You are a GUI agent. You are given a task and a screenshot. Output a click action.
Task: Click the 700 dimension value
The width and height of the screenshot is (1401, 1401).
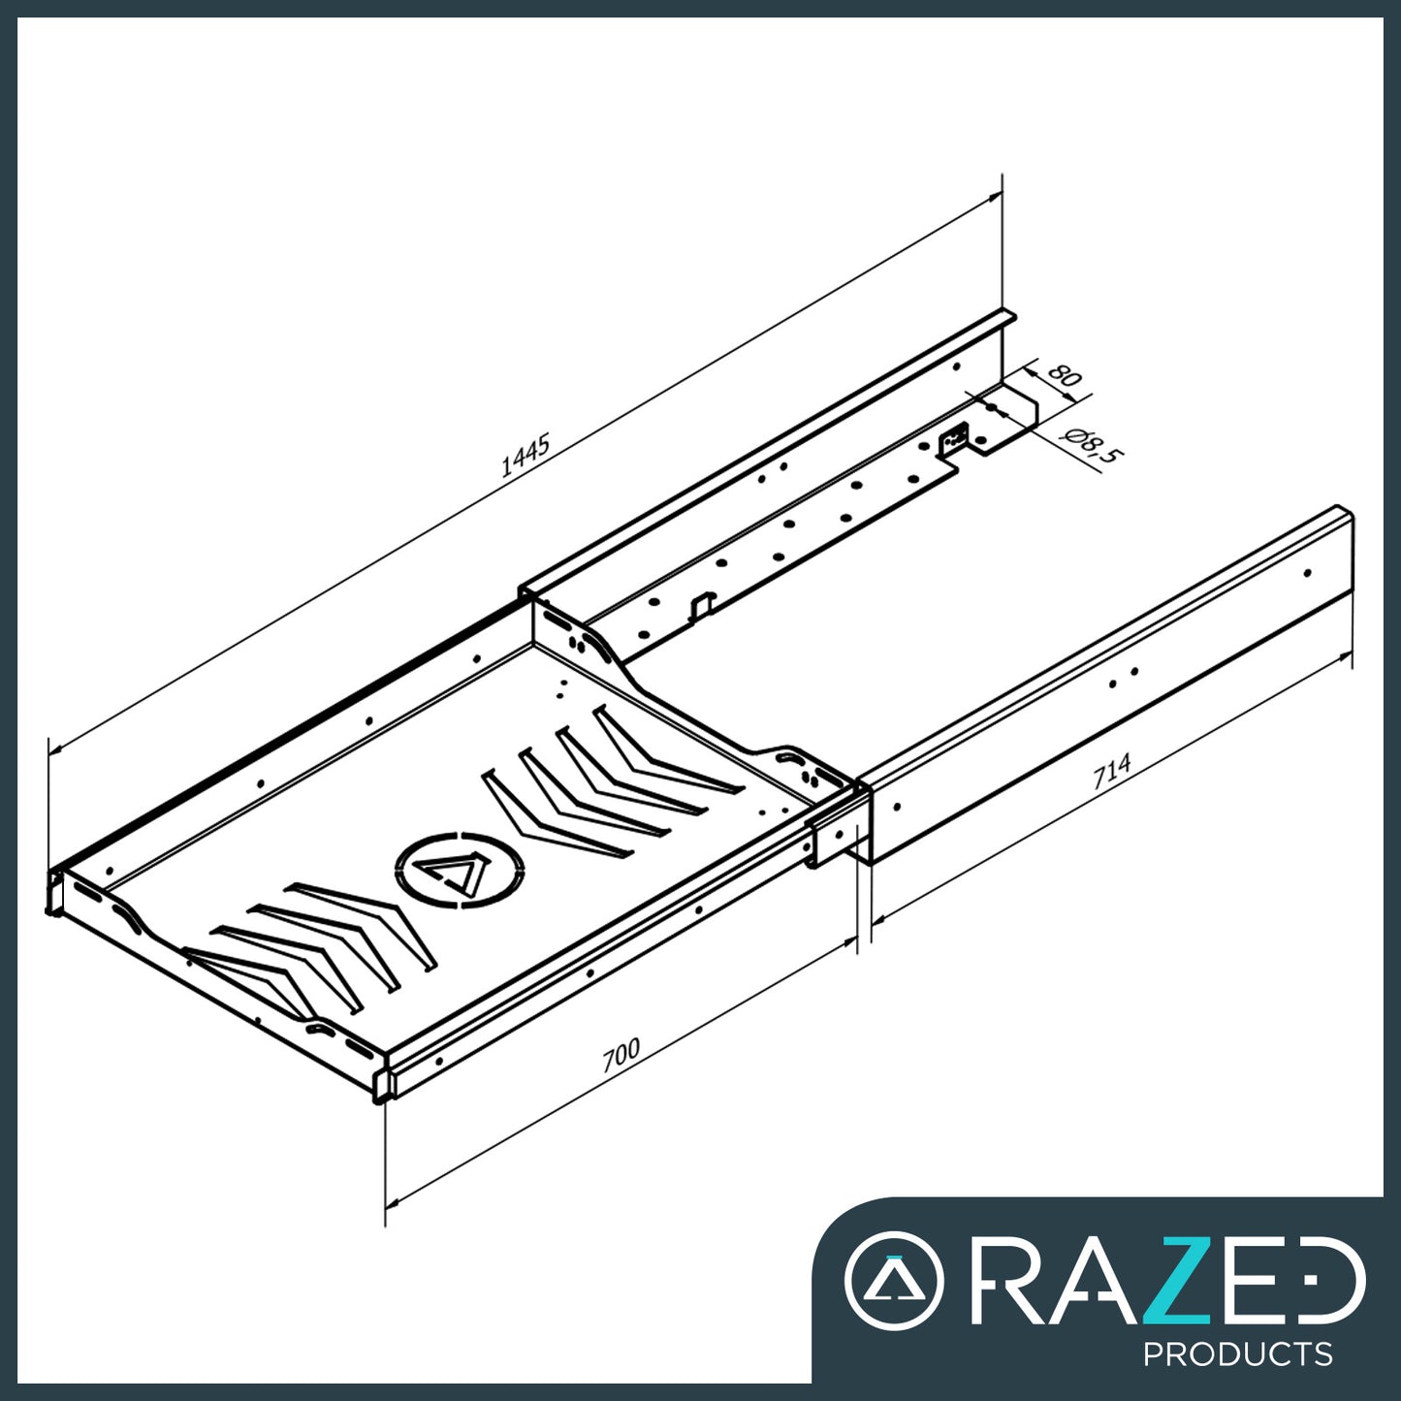pyautogui.click(x=621, y=1055)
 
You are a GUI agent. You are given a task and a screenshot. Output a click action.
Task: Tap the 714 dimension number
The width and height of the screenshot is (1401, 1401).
pyautogui.click(x=1112, y=772)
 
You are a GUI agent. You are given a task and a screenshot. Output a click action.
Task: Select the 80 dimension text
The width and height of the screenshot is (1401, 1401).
pyautogui.click(x=1065, y=375)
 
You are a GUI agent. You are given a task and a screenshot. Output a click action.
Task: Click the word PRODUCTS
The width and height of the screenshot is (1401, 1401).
pyautogui.click(x=1237, y=1353)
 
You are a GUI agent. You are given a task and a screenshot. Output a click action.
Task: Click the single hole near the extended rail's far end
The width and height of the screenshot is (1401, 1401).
pyautogui.click(x=1307, y=573)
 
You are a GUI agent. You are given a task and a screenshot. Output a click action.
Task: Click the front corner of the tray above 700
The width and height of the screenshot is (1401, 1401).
pyautogui.click(x=382, y=1076)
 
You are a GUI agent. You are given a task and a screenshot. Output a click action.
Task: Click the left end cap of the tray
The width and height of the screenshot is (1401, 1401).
pyautogui.click(x=54, y=890)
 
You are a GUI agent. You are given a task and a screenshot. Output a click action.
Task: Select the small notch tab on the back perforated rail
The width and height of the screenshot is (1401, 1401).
pyautogui.click(x=701, y=605)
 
